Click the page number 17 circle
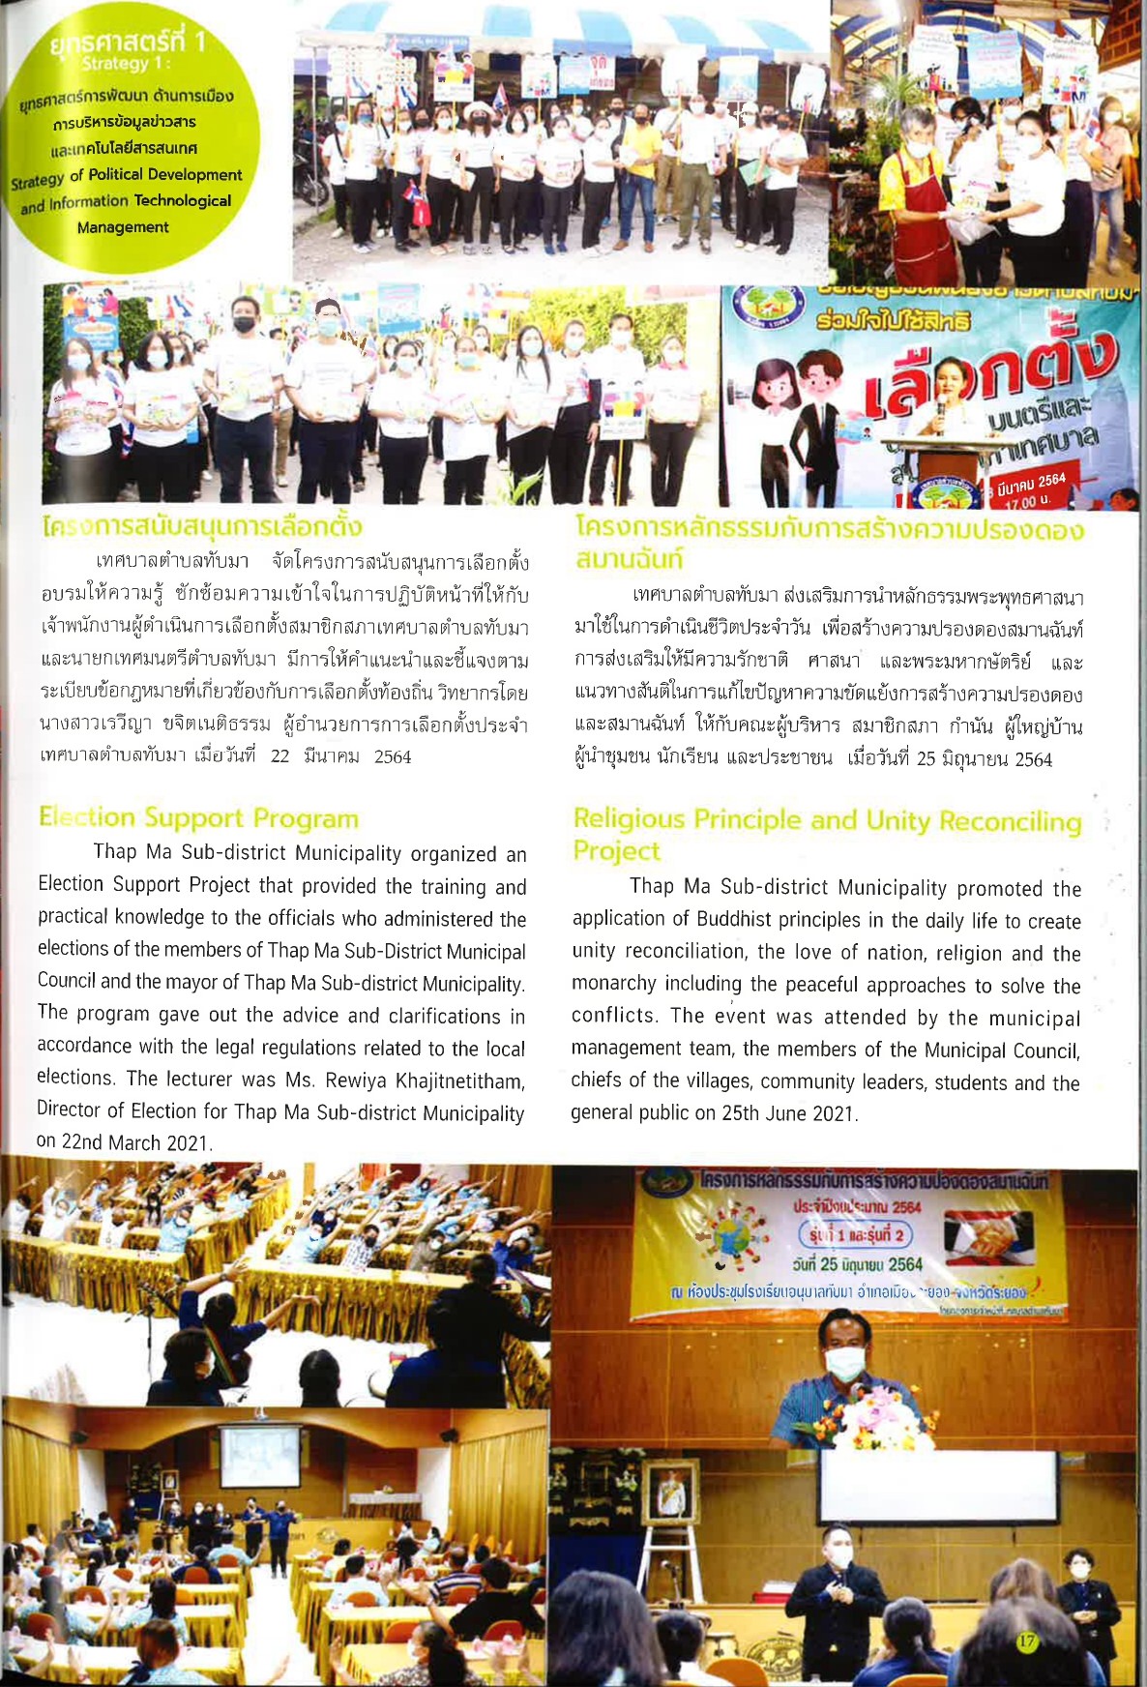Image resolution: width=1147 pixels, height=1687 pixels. tap(1026, 1642)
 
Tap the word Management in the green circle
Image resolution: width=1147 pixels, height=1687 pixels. tap(123, 227)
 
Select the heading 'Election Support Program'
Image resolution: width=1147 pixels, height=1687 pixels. tap(198, 818)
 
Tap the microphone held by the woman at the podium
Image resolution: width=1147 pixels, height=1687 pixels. tap(939, 410)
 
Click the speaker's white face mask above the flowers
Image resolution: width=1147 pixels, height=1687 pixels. tap(844, 1363)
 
